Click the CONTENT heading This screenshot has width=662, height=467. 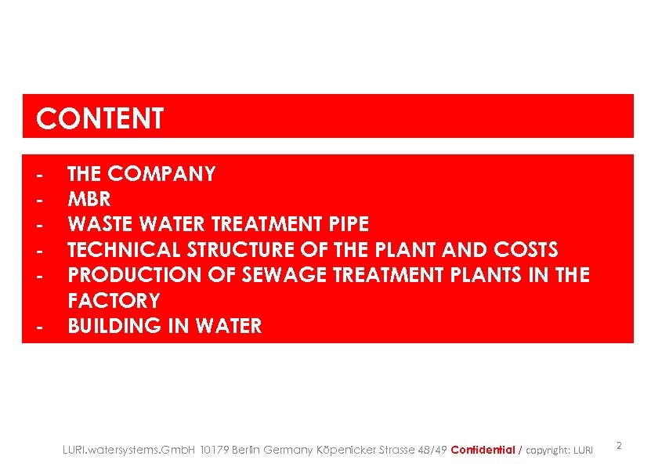[x=100, y=119]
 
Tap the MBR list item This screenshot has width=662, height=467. [x=89, y=200]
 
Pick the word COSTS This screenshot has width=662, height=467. [x=526, y=250]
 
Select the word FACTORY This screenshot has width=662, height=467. [x=114, y=301]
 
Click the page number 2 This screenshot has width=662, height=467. [x=619, y=446]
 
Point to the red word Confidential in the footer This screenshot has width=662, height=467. [x=483, y=450]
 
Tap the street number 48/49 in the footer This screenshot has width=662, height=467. [x=432, y=450]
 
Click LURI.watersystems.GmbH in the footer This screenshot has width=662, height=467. [x=129, y=450]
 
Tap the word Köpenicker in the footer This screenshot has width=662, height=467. [x=345, y=450]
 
